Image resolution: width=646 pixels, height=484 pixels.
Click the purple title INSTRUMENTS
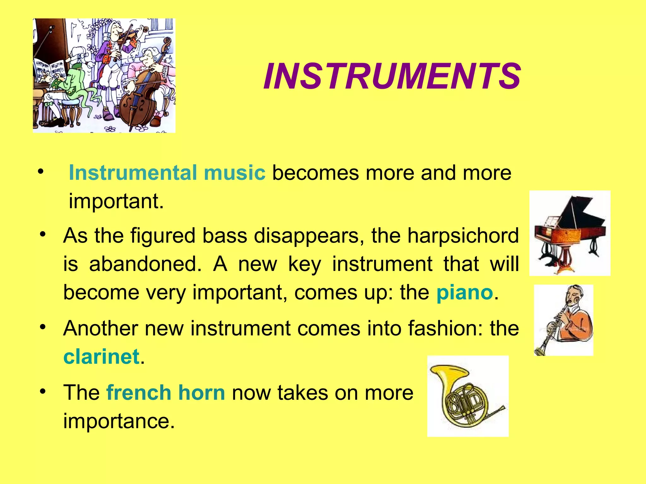click(392, 77)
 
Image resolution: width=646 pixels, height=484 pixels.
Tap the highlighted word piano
click(464, 292)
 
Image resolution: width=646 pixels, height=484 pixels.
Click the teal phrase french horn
click(166, 393)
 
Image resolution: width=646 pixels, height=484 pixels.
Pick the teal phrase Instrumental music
click(167, 173)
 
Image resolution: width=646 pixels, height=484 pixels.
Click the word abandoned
click(145, 264)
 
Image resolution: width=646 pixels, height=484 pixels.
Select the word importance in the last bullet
click(119, 421)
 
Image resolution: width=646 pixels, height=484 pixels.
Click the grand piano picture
click(570, 233)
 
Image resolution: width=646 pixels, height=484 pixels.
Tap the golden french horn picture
click(467, 396)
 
